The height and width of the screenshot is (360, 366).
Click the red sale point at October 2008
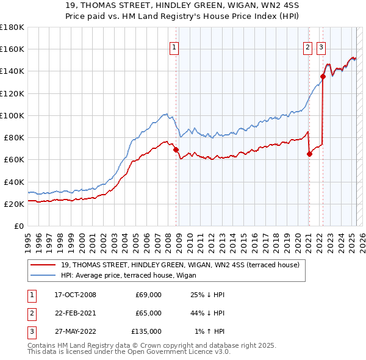coord(176,149)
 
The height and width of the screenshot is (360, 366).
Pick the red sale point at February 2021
coord(309,154)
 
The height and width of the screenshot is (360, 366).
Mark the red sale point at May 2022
coord(323,76)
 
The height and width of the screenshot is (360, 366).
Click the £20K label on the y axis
coord(13,204)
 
